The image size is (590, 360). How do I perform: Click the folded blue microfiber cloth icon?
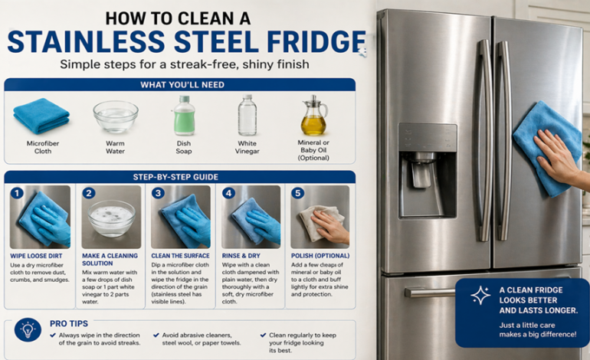pos(41,116)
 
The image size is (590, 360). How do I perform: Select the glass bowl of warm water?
pos(115,117)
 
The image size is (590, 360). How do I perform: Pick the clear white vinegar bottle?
pos(247,116)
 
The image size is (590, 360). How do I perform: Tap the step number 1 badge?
pos(17,193)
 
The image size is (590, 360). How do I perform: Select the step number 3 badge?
pos(158,193)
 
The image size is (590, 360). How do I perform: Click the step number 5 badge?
pos(298,193)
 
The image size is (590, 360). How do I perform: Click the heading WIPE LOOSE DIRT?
pos(38,255)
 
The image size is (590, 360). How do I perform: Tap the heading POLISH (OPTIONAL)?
pos(320,255)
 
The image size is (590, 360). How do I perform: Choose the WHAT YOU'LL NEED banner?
pos(180,84)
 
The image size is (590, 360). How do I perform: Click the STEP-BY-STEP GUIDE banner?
pos(180,177)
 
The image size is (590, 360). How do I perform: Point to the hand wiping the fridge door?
pos(556,153)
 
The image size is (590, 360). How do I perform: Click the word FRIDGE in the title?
pos(314,41)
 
